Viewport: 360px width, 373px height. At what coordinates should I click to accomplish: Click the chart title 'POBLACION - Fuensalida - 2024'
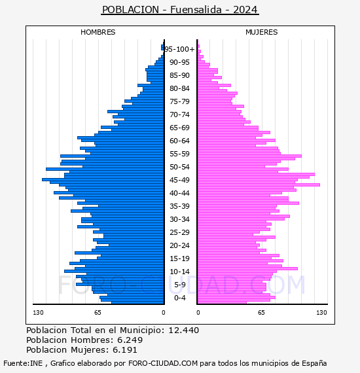click(x=180, y=10)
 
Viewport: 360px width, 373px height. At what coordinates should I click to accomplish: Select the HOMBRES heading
click(x=98, y=32)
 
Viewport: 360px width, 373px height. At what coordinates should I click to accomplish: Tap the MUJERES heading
click(x=262, y=32)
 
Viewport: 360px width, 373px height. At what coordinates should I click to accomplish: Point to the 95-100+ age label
click(x=180, y=49)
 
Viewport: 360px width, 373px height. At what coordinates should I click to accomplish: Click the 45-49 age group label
click(x=179, y=180)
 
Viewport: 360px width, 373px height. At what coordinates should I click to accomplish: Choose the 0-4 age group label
click(x=180, y=298)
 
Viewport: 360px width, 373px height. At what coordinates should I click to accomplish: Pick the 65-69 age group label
click(x=179, y=128)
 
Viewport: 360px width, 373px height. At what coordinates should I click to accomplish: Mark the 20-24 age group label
click(x=179, y=245)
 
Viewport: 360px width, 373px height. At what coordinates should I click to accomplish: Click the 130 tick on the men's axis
click(x=38, y=313)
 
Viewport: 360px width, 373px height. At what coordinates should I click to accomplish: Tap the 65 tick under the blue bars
click(x=98, y=313)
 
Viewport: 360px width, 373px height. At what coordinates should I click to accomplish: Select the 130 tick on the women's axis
click(x=321, y=313)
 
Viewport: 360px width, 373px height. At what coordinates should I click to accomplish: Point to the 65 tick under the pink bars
click(x=261, y=313)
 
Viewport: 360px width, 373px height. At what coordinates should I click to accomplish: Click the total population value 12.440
click(x=184, y=330)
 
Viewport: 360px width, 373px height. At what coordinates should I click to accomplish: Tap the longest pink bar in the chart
click(x=259, y=185)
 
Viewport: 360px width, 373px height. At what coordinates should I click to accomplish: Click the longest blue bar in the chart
click(x=103, y=179)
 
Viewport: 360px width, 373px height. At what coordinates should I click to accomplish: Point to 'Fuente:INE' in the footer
click(x=23, y=363)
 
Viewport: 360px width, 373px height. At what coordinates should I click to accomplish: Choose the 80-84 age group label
click(x=179, y=88)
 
